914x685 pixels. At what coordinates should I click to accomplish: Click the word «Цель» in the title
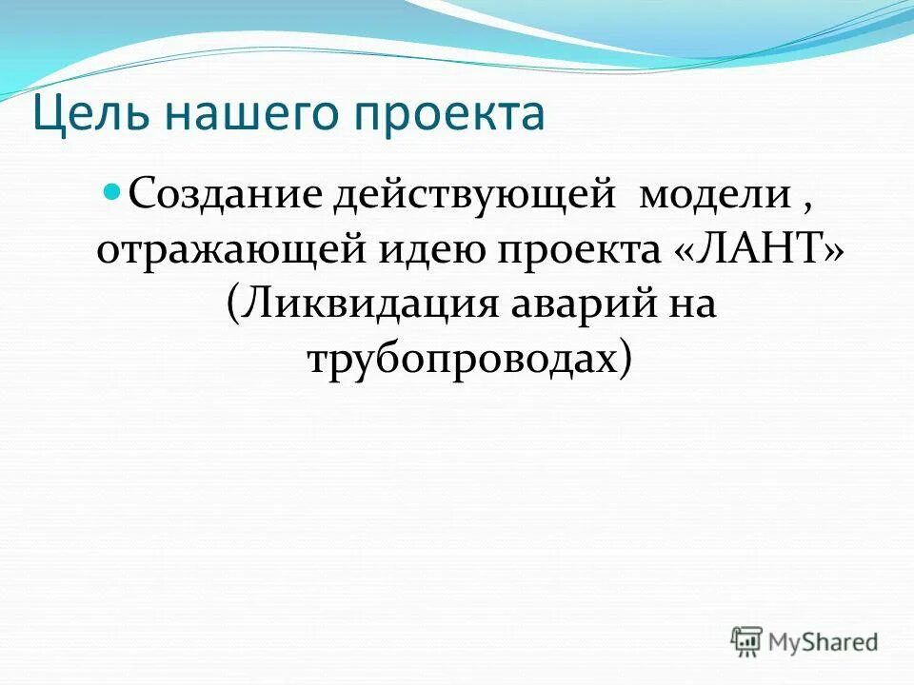(x=88, y=114)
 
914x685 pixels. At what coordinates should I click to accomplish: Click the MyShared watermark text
(x=825, y=641)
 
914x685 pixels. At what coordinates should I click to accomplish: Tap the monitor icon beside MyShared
(x=746, y=641)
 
